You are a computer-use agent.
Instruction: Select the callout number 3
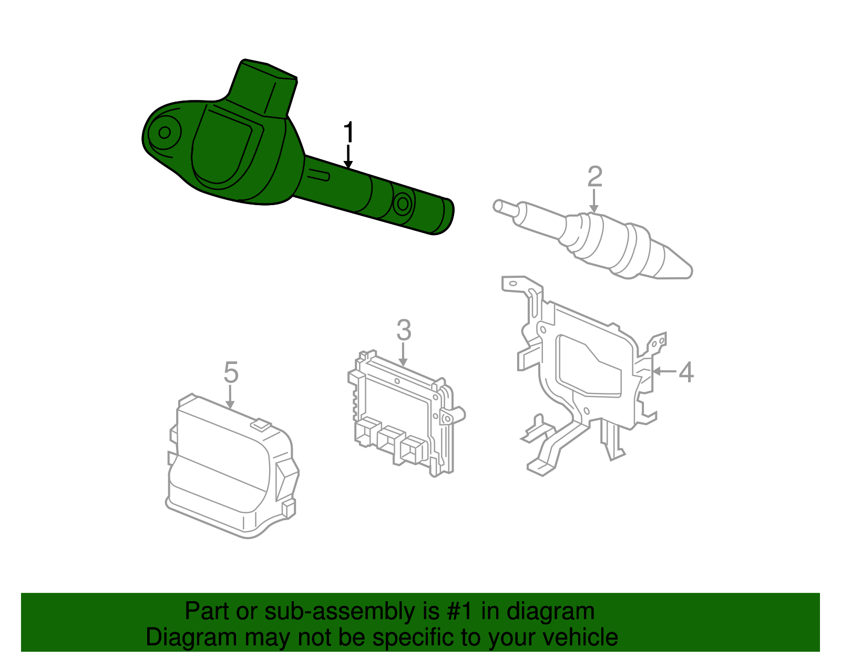(403, 330)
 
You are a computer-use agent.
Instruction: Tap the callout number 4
(686, 372)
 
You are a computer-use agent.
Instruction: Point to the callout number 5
(231, 372)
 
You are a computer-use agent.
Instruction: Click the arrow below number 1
(348, 157)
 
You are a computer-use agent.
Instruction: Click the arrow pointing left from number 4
(663, 371)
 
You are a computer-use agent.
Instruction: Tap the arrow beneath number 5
(230, 397)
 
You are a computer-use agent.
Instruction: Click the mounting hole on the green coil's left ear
(165, 132)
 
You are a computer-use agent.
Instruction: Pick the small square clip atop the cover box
(261, 424)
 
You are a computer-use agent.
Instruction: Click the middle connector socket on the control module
(389, 438)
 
